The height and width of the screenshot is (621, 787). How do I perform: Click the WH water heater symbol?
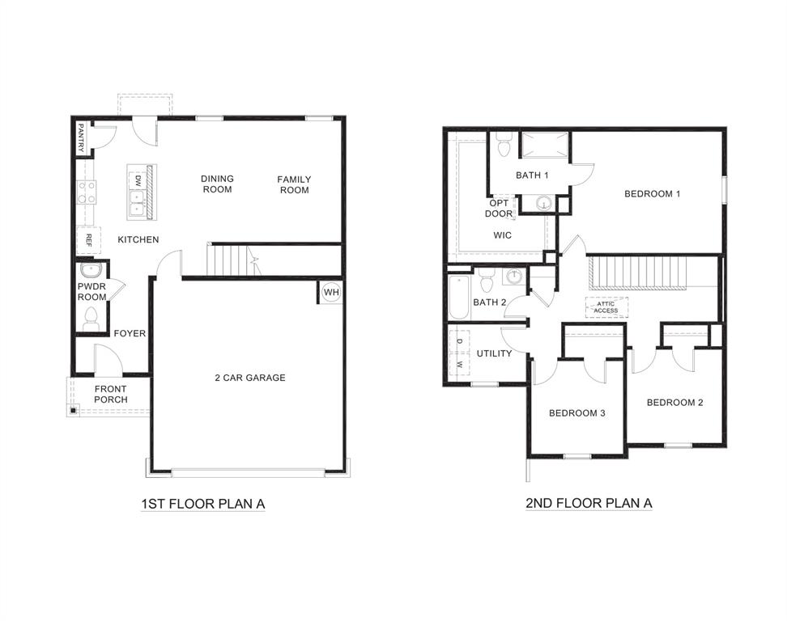(330, 292)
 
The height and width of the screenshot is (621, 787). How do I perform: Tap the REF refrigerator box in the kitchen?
(87, 240)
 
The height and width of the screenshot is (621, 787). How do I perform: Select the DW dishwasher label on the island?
(138, 180)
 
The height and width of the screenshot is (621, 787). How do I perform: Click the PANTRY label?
(81, 137)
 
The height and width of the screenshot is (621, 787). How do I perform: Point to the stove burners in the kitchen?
(86, 192)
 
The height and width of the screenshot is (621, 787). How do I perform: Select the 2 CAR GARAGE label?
(249, 378)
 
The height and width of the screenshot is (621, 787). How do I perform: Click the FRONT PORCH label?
(110, 395)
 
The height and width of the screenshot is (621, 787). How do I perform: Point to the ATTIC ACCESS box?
(606, 307)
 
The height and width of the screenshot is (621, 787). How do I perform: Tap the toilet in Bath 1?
(503, 147)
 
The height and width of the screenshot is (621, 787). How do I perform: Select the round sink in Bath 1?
(545, 203)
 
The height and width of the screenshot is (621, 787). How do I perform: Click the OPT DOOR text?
(499, 209)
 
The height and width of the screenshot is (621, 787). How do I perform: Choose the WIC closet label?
(504, 235)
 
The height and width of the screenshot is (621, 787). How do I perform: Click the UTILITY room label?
(494, 353)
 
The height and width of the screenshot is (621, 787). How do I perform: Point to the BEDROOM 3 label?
(577, 413)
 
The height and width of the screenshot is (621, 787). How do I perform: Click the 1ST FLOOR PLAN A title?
(203, 504)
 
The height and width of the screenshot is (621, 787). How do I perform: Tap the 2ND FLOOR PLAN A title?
(589, 503)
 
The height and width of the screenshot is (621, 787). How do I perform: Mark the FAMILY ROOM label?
(294, 184)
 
